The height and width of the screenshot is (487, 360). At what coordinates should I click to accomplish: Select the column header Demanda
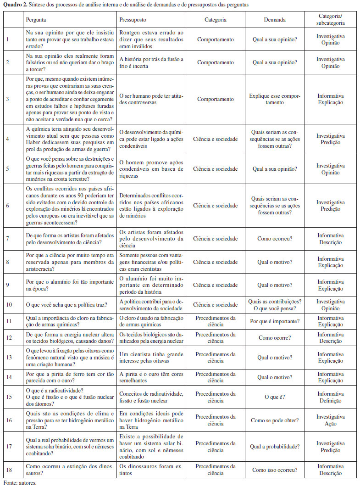click(x=275, y=20)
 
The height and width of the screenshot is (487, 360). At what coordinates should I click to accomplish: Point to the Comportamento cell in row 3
click(x=215, y=99)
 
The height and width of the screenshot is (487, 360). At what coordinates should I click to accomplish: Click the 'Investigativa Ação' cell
click(x=330, y=420)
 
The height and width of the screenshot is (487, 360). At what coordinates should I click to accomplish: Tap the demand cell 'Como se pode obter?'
click(x=275, y=420)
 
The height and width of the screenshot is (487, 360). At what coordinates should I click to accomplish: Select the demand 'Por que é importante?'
click(x=275, y=321)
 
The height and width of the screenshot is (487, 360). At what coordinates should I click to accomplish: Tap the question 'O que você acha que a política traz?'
click(x=69, y=305)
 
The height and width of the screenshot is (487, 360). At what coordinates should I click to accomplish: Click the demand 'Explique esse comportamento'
click(x=275, y=99)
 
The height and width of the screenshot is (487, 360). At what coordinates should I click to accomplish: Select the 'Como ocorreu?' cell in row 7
click(x=275, y=239)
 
